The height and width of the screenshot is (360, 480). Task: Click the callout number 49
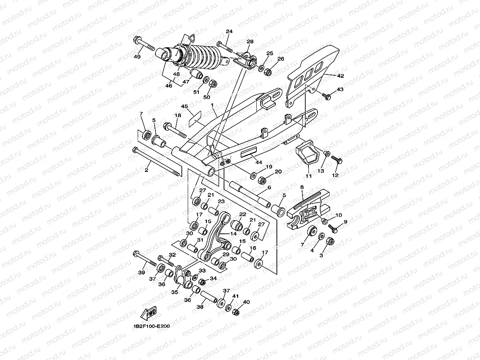tap(137, 57)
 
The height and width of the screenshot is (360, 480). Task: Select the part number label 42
tap(340, 75)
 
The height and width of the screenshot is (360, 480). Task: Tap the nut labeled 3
tap(331, 241)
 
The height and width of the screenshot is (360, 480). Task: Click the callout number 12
tap(335, 175)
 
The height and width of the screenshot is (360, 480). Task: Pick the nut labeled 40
tap(236, 312)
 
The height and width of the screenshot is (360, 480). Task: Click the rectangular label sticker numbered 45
tap(194, 117)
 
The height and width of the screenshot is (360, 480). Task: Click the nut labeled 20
tap(261, 180)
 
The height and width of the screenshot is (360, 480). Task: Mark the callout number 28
tap(250, 42)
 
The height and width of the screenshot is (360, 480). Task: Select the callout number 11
tap(308, 176)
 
